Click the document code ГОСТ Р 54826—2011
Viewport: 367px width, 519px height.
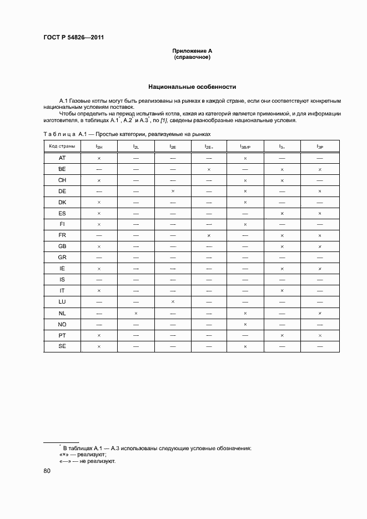(x=73, y=38)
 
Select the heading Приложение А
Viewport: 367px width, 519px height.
(x=192, y=51)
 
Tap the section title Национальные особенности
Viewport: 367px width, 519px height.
(x=192, y=87)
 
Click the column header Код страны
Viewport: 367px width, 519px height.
(x=62, y=146)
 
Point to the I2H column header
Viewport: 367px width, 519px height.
(x=99, y=146)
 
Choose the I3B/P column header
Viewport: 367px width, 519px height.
(x=245, y=146)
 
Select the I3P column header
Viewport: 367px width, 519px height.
(x=320, y=146)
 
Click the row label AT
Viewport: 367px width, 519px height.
(x=62, y=158)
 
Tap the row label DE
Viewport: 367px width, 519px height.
(x=62, y=191)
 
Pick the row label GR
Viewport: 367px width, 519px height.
(x=62, y=258)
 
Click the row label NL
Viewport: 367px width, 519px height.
(x=62, y=313)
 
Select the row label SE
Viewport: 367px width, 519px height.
(x=62, y=346)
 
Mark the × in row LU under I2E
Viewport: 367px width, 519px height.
(x=173, y=302)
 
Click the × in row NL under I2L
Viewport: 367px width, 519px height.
(x=135, y=313)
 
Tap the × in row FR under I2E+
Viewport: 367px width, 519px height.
(x=209, y=235)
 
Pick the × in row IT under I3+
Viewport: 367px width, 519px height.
(x=282, y=291)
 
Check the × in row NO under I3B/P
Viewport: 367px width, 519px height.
(x=245, y=324)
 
